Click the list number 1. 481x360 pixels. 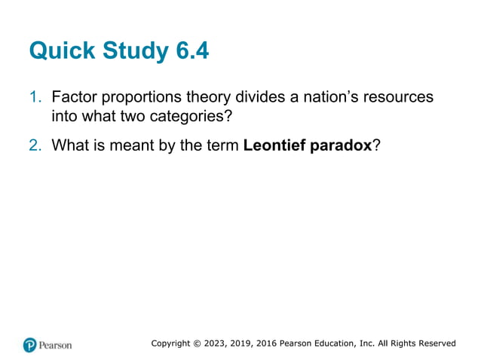[35, 98]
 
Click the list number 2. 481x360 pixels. [35, 145]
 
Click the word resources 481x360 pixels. [396, 98]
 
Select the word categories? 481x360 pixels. [191, 117]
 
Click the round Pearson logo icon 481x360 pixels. [30, 345]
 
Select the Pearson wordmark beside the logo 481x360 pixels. [56, 345]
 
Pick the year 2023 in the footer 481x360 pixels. [219, 343]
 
